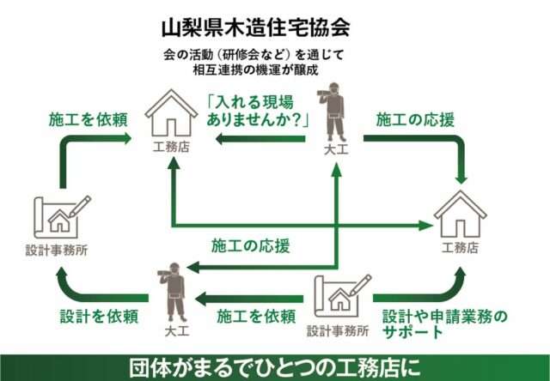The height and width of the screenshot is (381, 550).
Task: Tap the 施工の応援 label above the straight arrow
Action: [x=250, y=245]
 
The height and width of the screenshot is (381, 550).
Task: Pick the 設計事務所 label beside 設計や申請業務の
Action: [x=338, y=330]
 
